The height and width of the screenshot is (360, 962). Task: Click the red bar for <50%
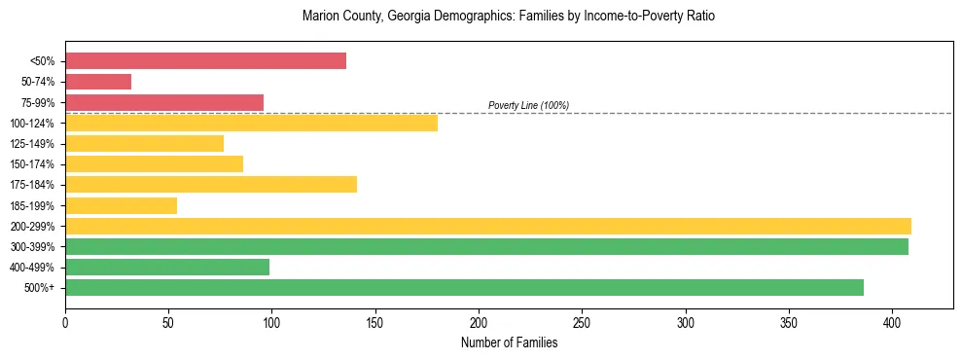point(205,60)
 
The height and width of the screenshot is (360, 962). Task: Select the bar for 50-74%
point(98,82)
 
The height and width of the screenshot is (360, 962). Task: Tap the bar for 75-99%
point(164,102)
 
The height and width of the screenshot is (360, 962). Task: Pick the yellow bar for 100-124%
point(251,123)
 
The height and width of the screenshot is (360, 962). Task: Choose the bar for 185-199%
point(121,205)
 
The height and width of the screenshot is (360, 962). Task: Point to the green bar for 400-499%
point(167,268)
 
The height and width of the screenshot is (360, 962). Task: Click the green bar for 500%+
point(464,288)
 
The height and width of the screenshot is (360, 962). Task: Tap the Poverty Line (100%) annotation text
point(528,105)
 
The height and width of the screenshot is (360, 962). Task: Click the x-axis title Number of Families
point(509,342)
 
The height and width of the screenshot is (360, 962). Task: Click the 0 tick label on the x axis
point(65,322)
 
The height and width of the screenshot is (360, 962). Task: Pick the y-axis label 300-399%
point(37,247)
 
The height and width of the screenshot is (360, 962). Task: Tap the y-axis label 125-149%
point(37,144)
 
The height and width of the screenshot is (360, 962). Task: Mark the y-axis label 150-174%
point(37,164)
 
